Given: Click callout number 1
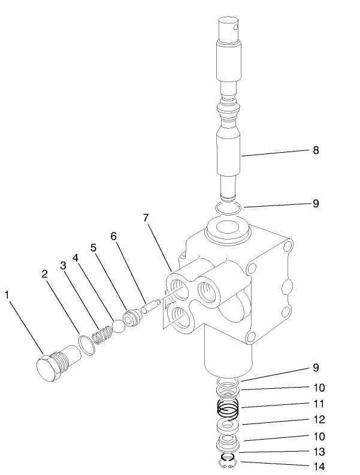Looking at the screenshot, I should [x=7, y=294].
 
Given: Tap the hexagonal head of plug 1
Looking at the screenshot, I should [x=46, y=367].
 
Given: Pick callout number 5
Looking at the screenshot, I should [x=93, y=247].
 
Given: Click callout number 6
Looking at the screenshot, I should [x=113, y=237].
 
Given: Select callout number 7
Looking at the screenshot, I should [x=145, y=218].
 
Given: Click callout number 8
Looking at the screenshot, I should [x=316, y=150].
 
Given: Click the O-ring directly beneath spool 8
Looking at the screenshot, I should [x=228, y=208].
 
